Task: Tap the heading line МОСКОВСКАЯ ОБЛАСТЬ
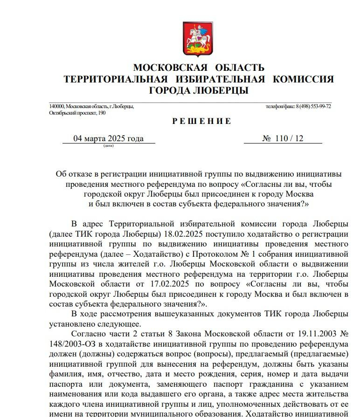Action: (199, 68)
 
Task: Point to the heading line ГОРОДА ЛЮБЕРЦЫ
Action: (199, 90)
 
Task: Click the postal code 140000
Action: (56, 107)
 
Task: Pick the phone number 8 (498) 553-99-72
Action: (313, 107)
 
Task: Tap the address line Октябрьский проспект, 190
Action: (77, 113)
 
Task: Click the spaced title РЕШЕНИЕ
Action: (201, 122)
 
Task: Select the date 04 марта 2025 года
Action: (109, 138)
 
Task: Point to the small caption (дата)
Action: (109, 145)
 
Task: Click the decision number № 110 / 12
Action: (283, 138)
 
